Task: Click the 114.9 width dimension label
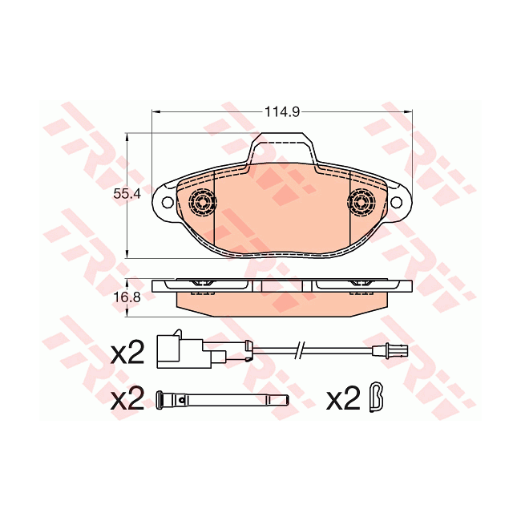(x=282, y=112)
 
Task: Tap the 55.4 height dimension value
(x=127, y=193)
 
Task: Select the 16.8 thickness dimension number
(x=127, y=297)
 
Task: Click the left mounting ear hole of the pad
(x=168, y=202)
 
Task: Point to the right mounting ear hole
(x=396, y=202)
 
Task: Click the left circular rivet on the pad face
(x=202, y=202)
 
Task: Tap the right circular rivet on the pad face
(x=361, y=202)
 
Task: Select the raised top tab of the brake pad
(x=282, y=147)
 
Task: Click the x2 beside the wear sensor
(x=127, y=353)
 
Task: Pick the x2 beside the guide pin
(x=127, y=398)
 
